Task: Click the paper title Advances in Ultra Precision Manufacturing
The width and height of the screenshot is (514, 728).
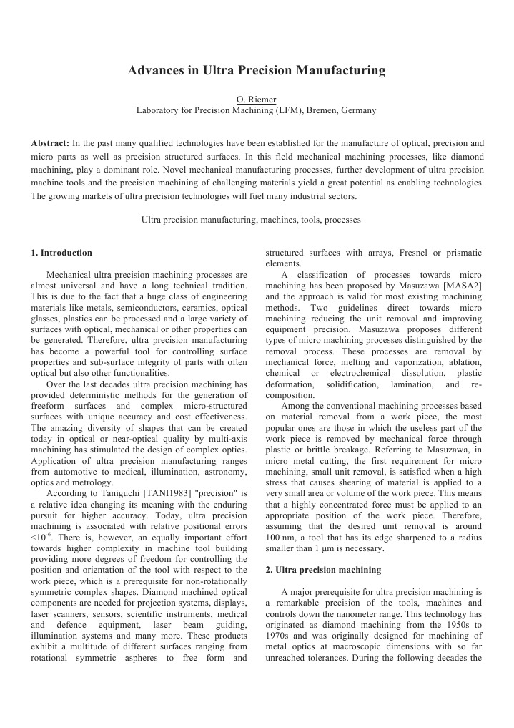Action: (256, 71)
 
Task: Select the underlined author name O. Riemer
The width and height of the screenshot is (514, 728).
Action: (256, 100)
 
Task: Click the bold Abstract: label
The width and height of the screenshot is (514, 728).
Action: (50, 143)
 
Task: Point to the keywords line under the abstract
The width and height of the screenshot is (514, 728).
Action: (252, 220)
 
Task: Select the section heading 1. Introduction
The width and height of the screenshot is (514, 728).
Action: (61, 253)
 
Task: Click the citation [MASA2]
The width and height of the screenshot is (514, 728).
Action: (463, 286)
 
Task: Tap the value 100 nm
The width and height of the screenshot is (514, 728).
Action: (280, 538)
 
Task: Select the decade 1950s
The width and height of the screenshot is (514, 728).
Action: (442, 625)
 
